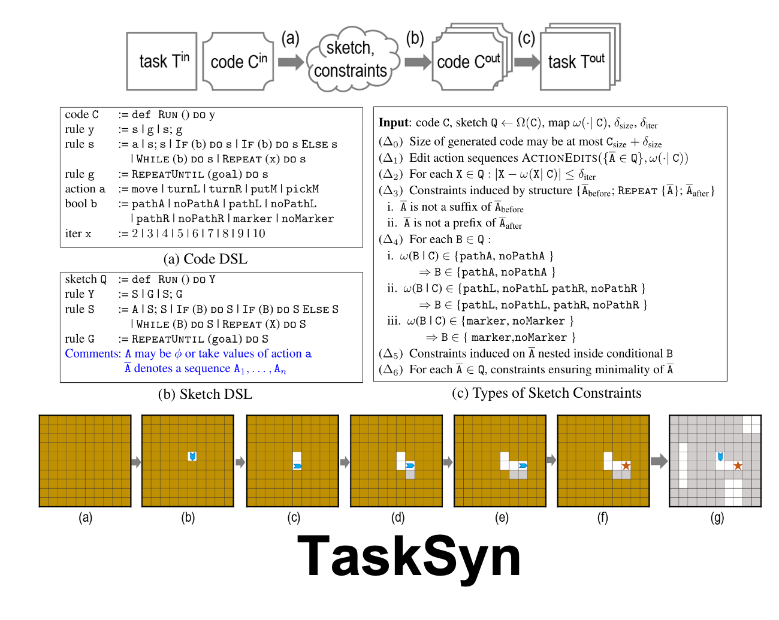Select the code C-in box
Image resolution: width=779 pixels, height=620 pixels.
click(238, 62)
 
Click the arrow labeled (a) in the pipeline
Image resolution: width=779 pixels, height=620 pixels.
click(291, 62)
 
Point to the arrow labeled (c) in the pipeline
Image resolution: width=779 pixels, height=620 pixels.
click(527, 62)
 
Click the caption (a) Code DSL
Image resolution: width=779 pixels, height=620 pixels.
click(205, 259)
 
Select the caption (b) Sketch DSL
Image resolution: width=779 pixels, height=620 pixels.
click(205, 394)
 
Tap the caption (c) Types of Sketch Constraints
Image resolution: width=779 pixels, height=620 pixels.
click(546, 393)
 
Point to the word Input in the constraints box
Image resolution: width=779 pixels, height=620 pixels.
click(393, 123)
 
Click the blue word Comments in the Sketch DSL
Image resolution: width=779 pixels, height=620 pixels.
click(93, 353)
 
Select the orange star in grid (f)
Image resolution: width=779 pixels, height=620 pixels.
click(626, 465)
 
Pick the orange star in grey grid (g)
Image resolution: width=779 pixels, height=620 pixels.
click(738, 465)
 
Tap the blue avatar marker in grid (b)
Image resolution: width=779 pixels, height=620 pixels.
click(192, 456)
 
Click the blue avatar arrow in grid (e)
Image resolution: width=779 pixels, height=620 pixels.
click(523, 465)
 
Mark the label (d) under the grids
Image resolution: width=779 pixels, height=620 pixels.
click(398, 518)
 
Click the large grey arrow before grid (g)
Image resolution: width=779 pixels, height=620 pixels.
click(659, 461)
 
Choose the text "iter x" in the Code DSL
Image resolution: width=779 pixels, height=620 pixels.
click(78, 234)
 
